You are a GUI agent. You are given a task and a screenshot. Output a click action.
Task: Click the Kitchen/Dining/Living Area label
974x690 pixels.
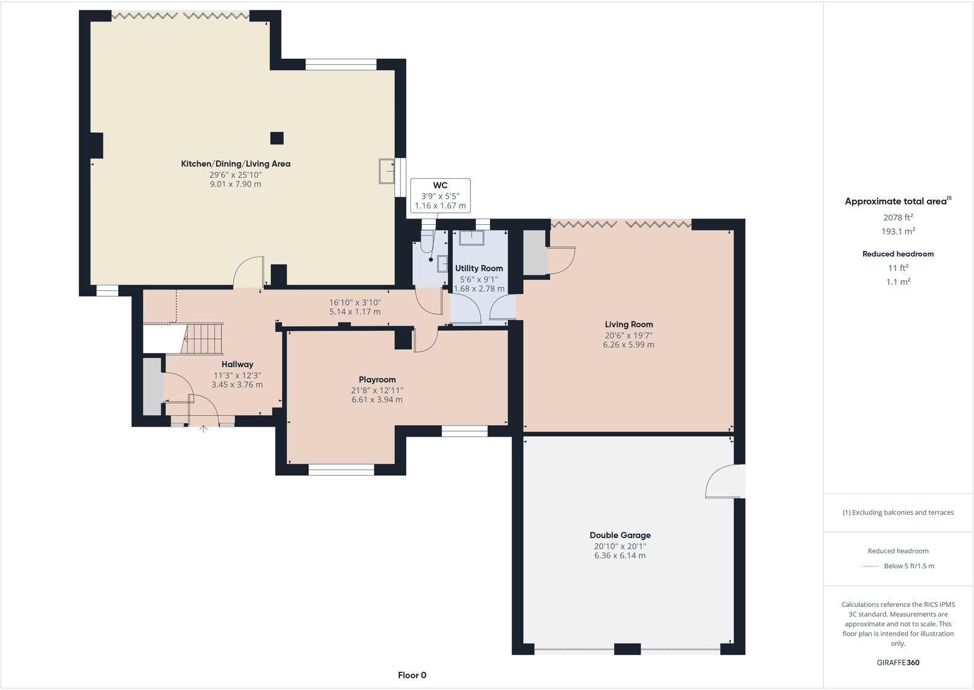(x=235, y=164)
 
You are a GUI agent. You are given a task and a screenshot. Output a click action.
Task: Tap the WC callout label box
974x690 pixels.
(x=440, y=195)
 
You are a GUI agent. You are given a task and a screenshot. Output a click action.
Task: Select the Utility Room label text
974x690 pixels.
(x=478, y=268)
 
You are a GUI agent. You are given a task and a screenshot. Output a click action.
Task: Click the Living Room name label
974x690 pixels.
(x=629, y=324)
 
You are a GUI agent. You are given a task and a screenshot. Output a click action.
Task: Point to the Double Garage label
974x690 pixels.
(x=620, y=535)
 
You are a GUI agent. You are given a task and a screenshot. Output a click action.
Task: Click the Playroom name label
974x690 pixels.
(x=377, y=380)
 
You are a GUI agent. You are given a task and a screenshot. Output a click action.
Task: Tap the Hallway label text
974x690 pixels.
(x=237, y=364)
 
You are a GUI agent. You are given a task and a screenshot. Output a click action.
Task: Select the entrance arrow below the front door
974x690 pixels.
(x=203, y=429)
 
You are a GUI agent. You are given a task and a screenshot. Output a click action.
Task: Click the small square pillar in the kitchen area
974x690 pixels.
(x=277, y=138)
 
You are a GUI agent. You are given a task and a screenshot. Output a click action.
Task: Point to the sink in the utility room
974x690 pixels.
(x=472, y=238)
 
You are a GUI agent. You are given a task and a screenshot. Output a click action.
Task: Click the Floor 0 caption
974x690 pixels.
(x=412, y=675)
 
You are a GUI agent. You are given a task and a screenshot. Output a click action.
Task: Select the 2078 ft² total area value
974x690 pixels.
(x=897, y=217)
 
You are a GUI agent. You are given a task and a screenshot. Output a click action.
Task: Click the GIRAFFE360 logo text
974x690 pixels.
(x=897, y=662)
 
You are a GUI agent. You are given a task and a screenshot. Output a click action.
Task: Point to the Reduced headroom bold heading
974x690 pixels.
(x=897, y=254)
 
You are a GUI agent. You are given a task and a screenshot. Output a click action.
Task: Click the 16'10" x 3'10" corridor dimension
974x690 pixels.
(x=355, y=302)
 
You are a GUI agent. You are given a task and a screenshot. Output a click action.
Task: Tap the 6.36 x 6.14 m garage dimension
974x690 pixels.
(x=619, y=556)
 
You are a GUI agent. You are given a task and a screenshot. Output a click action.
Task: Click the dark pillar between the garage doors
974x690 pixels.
(x=627, y=649)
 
